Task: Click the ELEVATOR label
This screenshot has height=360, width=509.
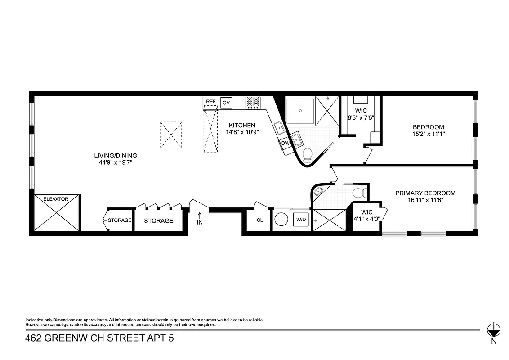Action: (56, 198)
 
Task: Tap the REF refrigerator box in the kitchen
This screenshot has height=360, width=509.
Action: (211, 102)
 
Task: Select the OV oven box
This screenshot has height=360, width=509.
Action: (226, 103)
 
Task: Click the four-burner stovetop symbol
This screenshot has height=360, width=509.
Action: (253, 103)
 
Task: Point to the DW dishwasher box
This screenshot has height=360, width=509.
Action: (285, 143)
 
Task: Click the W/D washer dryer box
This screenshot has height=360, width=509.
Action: (300, 220)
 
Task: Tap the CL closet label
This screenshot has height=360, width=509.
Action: (259, 220)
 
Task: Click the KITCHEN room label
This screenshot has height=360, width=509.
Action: (242, 125)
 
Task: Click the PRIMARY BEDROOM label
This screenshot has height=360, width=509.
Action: (425, 193)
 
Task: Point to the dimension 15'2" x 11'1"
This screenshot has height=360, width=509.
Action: (428, 134)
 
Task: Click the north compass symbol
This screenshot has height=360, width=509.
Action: (494, 330)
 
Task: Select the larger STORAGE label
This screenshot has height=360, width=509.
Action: (158, 221)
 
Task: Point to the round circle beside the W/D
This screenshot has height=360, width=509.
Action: (282, 220)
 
